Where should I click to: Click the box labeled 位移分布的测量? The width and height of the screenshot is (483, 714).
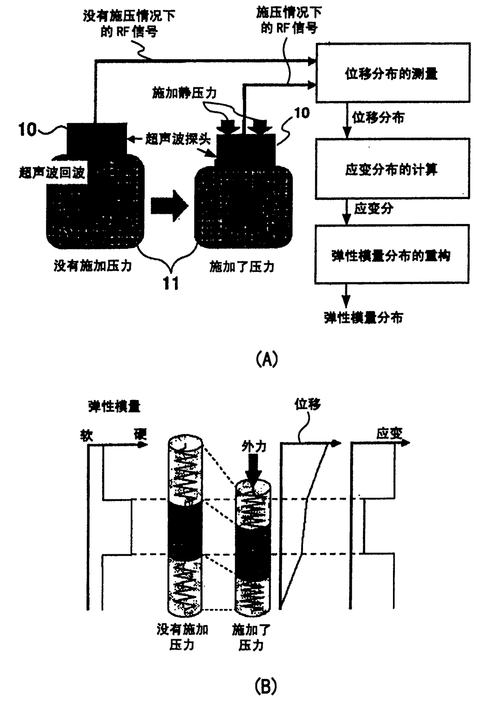pos(392,73)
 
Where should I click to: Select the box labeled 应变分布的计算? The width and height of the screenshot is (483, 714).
pos(392,169)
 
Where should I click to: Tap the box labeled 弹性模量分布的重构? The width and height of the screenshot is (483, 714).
pos(391,255)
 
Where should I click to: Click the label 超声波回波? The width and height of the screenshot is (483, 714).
pos(52,172)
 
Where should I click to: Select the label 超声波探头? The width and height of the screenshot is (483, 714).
pos(178,139)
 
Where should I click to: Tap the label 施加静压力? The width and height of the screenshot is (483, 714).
pos(184,93)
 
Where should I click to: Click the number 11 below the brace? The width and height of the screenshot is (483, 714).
pos(171,283)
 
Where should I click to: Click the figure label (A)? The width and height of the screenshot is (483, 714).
pos(267,359)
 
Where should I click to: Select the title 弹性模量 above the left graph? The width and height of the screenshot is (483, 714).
pos(114,407)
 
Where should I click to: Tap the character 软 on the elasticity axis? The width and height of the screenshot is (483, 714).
pos(86,435)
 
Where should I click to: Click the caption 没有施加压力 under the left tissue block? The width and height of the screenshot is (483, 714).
pos(93,266)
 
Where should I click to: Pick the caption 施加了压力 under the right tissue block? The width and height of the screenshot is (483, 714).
pos(241,267)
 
